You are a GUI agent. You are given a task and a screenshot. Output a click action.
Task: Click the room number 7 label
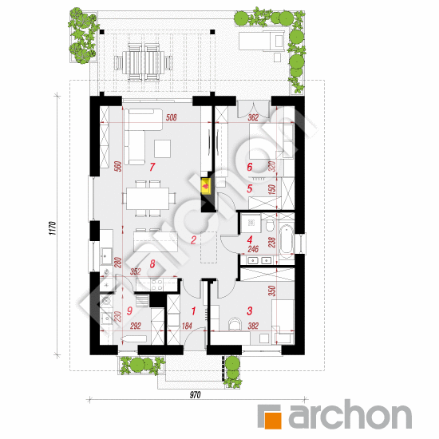pyautogui.click(x=152, y=167)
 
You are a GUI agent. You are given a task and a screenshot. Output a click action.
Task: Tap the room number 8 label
pyautogui.click(x=152, y=263)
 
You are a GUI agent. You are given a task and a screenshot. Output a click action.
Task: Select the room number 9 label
pyautogui.click(x=129, y=310)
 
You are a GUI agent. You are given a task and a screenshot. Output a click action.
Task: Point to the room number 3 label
pyautogui.click(x=250, y=310)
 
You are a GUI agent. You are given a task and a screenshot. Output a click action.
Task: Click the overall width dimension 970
pyautogui.click(x=195, y=395)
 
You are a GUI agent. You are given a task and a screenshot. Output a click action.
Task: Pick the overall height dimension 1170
pyautogui.click(x=53, y=228)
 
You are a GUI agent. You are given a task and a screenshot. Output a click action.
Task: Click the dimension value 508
pyautogui.click(x=171, y=117)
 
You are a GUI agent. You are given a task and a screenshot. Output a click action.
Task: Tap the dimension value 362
pyautogui.click(x=253, y=117)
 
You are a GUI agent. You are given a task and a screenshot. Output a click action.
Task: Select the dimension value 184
pyautogui.click(x=187, y=326)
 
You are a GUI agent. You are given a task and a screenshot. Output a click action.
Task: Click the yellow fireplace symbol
pyautogui.click(x=207, y=186)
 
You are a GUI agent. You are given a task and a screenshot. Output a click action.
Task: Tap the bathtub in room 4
pyautogui.click(x=286, y=239)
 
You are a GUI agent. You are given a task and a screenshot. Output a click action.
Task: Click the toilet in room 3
pyautogui.click(x=235, y=323)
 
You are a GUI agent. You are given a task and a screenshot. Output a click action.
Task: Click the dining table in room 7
pyautogui.click(x=148, y=199)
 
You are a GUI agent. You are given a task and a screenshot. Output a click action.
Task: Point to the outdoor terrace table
pyautogui.click(x=144, y=62)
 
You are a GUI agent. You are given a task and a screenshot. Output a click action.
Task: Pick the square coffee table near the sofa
pyautogui.click(x=162, y=148)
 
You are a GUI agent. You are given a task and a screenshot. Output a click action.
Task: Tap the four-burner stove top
pyautogui.click(x=156, y=284)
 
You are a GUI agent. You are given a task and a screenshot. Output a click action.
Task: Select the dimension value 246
pyautogui.click(x=253, y=249)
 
